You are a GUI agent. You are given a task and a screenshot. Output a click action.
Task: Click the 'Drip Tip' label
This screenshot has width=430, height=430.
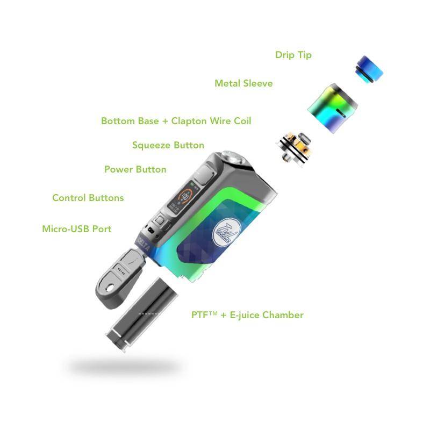coord(293,55)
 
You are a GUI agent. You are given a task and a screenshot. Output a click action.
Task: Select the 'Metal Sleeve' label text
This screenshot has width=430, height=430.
coord(243,83)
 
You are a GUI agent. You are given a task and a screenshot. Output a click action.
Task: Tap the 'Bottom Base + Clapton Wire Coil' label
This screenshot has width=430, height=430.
coord(176,121)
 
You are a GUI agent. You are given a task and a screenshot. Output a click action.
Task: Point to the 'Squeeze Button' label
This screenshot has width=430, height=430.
coord(168,145)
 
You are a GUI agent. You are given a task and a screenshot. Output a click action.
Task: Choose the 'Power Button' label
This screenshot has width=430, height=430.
coord(135,169)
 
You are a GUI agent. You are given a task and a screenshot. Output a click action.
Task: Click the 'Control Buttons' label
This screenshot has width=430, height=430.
coord(88,198)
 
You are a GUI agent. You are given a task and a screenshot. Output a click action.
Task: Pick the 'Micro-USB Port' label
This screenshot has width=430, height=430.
coord(77,229)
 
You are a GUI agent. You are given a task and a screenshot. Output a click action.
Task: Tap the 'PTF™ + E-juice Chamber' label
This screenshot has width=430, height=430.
coord(247,315)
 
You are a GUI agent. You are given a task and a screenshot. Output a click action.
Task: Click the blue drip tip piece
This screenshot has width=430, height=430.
coord(369,69)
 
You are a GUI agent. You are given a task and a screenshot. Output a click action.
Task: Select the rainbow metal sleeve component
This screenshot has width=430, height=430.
coord(332,108)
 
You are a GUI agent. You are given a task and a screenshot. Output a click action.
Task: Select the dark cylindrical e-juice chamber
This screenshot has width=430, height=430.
coord(142,314)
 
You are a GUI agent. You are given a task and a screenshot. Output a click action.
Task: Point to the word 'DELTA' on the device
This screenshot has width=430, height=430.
coord(144,244)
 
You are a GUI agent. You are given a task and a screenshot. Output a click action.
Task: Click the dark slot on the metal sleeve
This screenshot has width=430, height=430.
coord(341,113)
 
